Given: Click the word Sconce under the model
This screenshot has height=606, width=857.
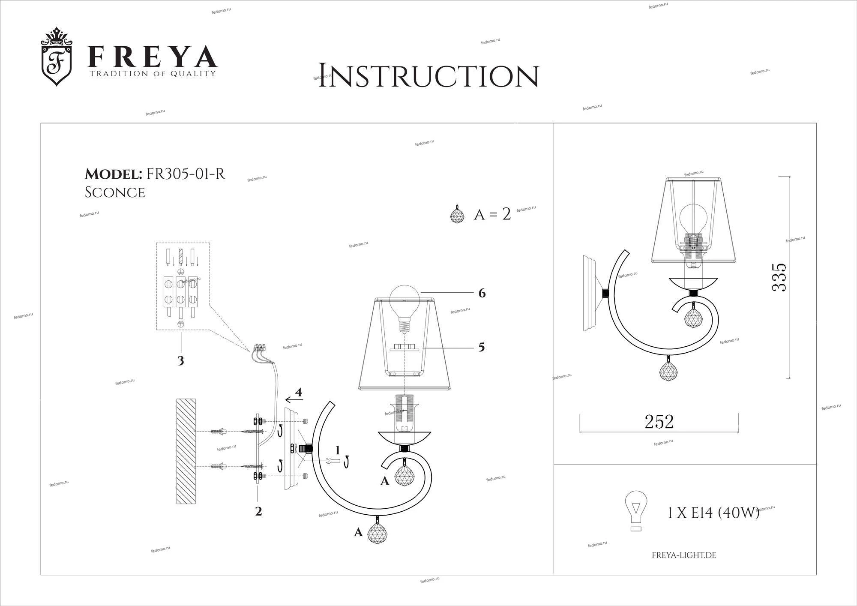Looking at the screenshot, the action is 115,192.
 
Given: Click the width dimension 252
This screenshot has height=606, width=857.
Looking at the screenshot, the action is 659,422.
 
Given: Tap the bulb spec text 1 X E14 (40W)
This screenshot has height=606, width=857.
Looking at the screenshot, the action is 713,513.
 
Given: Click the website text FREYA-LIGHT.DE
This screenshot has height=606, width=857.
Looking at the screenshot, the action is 684,555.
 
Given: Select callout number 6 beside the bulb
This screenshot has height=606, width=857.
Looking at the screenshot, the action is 482,294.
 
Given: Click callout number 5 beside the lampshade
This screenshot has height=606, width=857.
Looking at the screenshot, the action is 482,347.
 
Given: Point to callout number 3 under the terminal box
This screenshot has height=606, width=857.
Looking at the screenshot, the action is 181,361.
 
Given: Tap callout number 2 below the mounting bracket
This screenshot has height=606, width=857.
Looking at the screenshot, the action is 258,511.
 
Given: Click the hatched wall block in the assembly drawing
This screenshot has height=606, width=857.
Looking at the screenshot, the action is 186,451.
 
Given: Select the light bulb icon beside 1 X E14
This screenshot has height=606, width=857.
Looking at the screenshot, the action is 636,511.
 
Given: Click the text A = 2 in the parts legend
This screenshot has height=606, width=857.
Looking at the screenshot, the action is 492,214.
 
